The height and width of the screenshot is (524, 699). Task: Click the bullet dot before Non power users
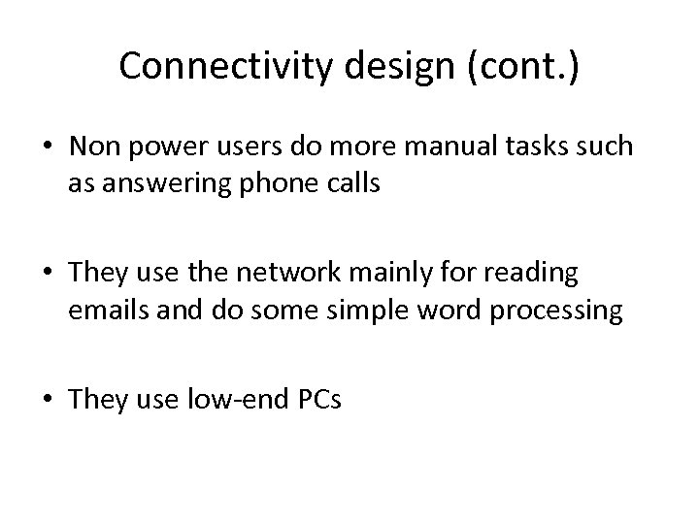pyautogui.click(x=49, y=147)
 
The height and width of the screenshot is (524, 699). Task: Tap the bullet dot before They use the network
pyautogui.click(x=49, y=276)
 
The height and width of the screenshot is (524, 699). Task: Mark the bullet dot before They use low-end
pyautogui.click(x=49, y=401)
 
